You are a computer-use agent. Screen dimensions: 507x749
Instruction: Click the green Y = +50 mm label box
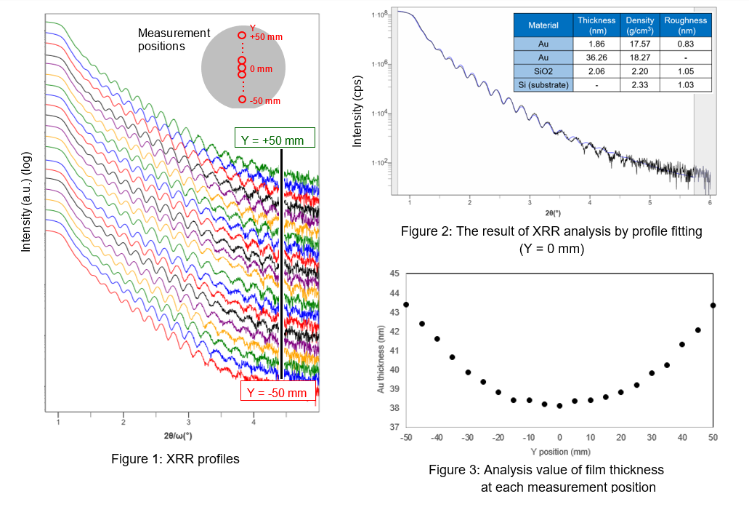[275, 138]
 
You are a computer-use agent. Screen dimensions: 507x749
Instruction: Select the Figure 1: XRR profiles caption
[175, 459]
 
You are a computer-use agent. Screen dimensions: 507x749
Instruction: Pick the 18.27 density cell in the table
[639, 57]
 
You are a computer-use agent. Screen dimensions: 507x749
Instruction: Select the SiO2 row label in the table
[543, 71]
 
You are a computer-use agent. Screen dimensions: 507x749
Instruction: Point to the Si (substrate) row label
[543, 85]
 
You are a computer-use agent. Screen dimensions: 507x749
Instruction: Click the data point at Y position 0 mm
[559, 406]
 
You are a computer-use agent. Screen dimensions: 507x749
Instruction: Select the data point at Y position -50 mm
[406, 304]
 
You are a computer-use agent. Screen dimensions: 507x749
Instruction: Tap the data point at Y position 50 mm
[713, 306]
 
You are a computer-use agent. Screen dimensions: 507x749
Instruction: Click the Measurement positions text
[174, 39]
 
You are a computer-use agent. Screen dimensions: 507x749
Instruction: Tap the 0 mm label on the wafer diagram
[261, 69]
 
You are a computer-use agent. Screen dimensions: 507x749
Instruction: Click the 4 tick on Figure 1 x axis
[254, 422]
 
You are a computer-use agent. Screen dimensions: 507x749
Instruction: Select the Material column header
[543, 25]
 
